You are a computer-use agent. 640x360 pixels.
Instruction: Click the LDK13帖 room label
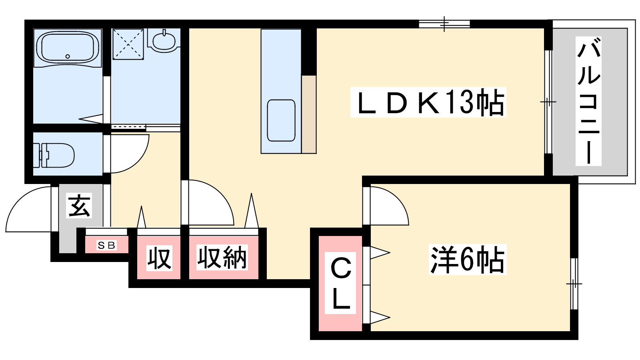pyautogui.click(x=428, y=102)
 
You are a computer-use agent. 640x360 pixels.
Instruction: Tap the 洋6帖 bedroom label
pyautogui.click(x=468, y=260)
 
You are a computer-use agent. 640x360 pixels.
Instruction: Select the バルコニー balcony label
pyautogui.click(x=588, y=101)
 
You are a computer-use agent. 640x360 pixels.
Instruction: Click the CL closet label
pyautogui.click(x=340, y=283)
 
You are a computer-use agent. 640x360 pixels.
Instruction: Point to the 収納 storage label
pyautogui.click(x=222, y=258)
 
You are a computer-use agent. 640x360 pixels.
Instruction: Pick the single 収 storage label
pyautogui.click(x=159, y=258)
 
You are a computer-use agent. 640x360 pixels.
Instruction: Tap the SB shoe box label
pyautogui.click(x=106, y=245)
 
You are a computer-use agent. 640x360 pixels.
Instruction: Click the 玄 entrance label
pyautogui.click(x=79, y=206)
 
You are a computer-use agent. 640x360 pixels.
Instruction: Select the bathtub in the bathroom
pyautogui.click(x=68, y=47)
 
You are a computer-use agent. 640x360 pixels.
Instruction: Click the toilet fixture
pyautogui.click(x=54, y=156)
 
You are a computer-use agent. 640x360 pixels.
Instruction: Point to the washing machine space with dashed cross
pyautogui.click(x=128, y=44)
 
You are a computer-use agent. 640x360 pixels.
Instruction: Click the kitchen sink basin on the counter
pyautogui.click(x=281, y=120)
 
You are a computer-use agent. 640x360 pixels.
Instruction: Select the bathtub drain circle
pyautogui.click(x=68, y=56)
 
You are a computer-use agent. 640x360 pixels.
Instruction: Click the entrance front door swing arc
pyautogui.click(x=28, y=210)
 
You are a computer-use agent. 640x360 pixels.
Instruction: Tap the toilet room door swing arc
pyautogui.click(x=130, y=154)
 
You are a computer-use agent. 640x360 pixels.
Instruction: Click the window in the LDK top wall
pyautogui.click(x=444, y=24)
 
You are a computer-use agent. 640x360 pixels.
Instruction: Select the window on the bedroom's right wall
pyautogui.click(x=574, y=284)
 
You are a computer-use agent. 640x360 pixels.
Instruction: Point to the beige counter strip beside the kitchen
pyautogui.click(x=309, y=114)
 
